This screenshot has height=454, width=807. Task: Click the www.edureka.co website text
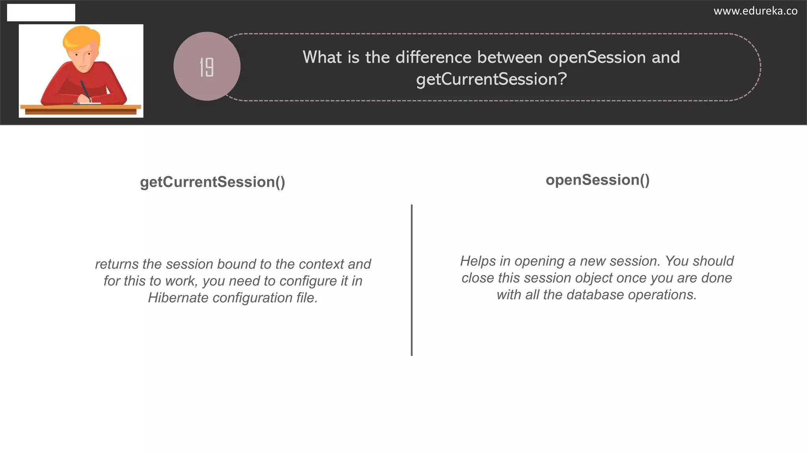(x=755, y=11)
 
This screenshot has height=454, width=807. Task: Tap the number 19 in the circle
(x=206, y=67)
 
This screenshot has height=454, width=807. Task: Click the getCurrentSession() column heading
(x=212, y=182)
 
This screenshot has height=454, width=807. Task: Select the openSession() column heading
(x=597, y=180)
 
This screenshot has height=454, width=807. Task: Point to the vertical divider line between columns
(x=411, y=280)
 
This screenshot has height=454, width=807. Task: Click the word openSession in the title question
(x=597, y=58)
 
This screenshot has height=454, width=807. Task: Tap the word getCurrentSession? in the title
(x=491, y=79)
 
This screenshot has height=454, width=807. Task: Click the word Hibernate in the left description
(x=178, y=298)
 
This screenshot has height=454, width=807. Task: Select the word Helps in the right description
(x=478, y=261)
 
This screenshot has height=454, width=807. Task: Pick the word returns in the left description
(x=117, y=264)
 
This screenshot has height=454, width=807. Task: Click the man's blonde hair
(x=81, y=38)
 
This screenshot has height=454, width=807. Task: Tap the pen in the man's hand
(x=85, y=90)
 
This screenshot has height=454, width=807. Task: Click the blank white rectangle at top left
(x=41, y=13)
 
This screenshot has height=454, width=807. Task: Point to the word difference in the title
(x=433, y=58)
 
